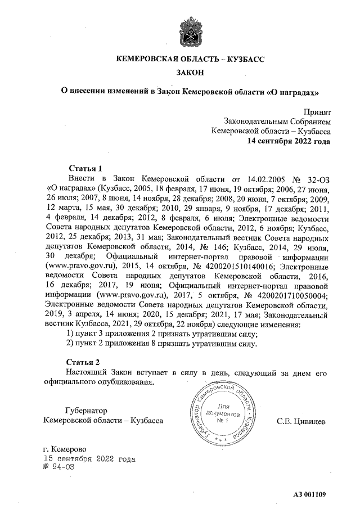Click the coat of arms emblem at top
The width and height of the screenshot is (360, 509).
point(187,29)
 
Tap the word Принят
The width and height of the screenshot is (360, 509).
point(317,112)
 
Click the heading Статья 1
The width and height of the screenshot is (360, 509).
point(85,168)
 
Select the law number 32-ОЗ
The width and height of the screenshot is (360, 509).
point(312,178)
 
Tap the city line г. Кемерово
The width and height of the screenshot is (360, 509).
point(64,449)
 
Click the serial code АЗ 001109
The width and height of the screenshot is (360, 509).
point(309,494)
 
